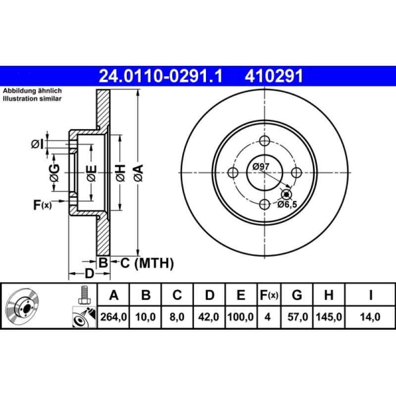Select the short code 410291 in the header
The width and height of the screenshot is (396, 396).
click(x=272, y=76)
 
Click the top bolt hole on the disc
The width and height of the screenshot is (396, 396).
click(x=265, y=141)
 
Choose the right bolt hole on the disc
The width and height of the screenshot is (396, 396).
click(x=297, y=172)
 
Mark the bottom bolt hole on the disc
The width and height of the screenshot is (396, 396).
click(x=265, y=204)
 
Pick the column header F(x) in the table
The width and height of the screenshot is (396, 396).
click(x=269, y=296)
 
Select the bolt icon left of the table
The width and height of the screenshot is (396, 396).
click(x=84, y=296)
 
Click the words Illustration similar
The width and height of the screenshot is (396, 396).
click(x=32, y=99)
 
